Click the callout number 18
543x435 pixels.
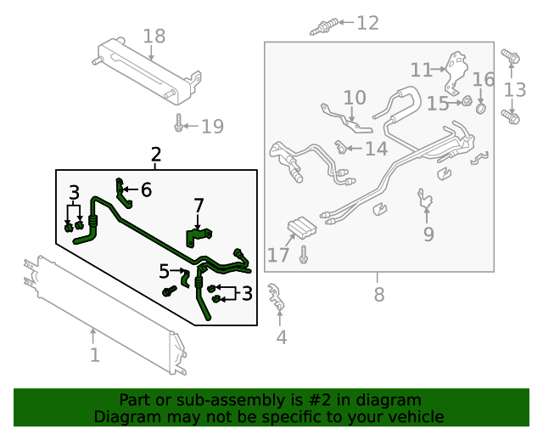[x=154, y=36]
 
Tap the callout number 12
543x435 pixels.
[x=367, y=23]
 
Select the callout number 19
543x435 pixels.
[x=212, y=127]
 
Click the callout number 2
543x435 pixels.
[x=155, y=155]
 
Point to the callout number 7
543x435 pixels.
[x=199, y=206]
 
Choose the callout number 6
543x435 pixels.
[x=146, y=189]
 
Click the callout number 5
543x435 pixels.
[x=164, y=272]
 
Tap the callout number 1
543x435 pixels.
[x=95, y=354]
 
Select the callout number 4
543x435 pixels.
[x=281, y=337]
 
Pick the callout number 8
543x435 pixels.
[x=378, y=295]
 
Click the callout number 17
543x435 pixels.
[x=278, y=255]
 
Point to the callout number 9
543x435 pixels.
[x=428, y=234]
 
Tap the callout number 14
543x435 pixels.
[x=376, y=150]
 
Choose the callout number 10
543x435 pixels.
[x=354, y=99]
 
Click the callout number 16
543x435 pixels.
[x=483, y=80]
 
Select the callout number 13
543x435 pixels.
[x=515, y=90]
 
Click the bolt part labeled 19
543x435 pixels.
[x=179, y=124]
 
